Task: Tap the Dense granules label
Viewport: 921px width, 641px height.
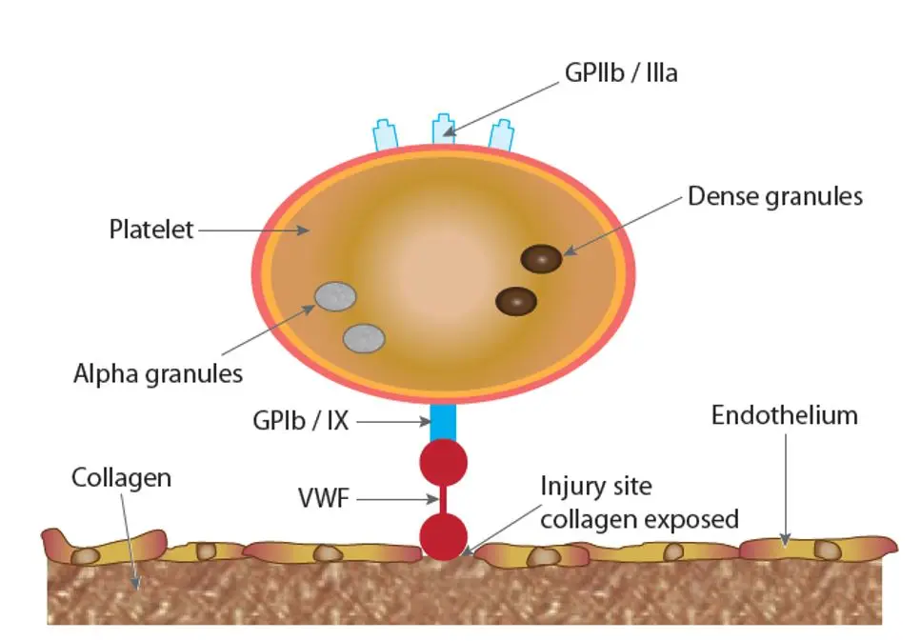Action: (774, 196)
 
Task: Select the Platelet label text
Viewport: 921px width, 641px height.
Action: (150, 230)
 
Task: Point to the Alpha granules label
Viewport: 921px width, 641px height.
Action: (158, 372)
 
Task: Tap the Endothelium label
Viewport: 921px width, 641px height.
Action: (784, 415)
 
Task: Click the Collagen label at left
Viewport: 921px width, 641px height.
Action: (122, 477)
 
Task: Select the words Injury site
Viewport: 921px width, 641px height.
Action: (596, 486)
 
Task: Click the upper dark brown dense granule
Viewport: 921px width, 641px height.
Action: (542, 259)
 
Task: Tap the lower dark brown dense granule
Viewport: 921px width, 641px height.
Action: (516, 301)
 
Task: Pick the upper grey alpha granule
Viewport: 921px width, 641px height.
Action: (335, 296)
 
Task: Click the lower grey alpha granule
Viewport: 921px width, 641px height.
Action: (364, 337)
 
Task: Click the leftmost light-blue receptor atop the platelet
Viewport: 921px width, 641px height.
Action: (385, 135)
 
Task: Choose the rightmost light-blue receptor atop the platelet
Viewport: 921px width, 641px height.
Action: (501, 135)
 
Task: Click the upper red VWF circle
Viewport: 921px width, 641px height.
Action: (444, 462)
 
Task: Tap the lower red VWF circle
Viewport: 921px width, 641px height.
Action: (443, 534)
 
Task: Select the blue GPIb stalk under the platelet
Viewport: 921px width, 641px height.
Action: (444, 422)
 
